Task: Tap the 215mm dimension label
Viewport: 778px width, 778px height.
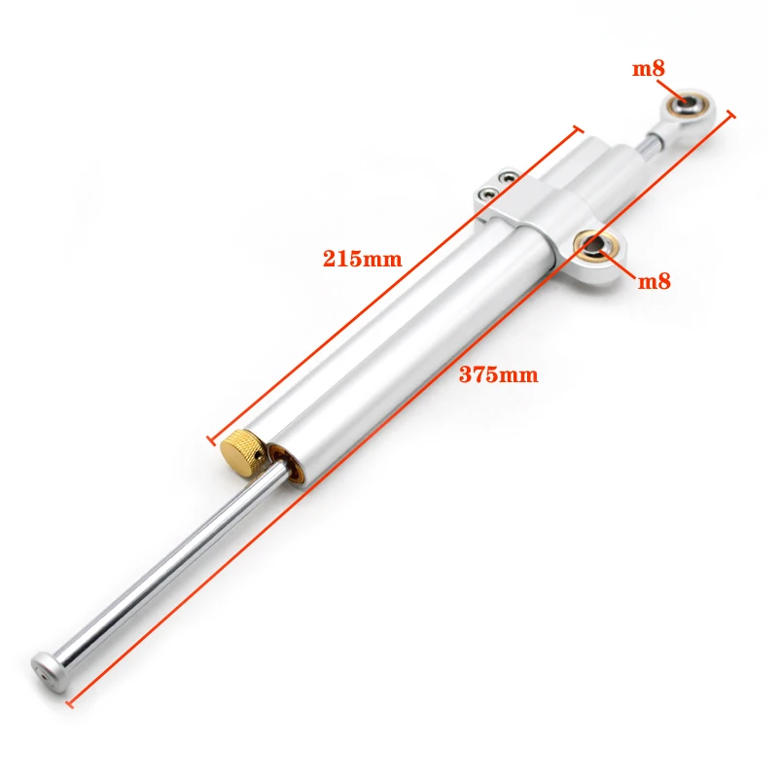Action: tap(362, 259)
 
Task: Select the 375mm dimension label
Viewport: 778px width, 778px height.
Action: tap(498, 374)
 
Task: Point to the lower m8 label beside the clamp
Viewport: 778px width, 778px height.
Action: tap(654, 282)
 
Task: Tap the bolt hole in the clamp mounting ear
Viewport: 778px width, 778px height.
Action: tap(595, 245)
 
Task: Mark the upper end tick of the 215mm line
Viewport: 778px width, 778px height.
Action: tap(579, 128)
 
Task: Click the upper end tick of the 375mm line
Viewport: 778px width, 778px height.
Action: tap(731, 114)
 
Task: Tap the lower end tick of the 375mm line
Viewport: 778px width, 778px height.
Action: tap(67, 701)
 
